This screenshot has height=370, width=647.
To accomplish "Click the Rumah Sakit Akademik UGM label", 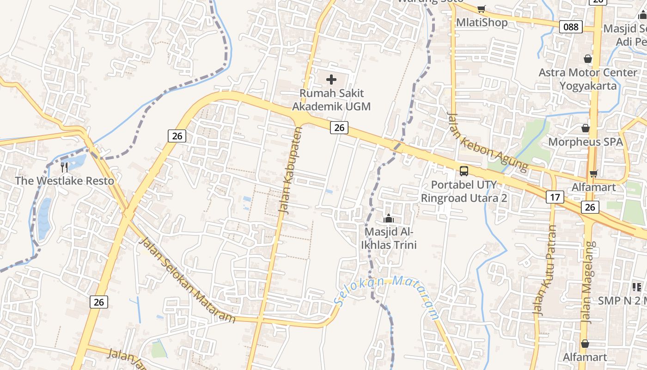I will coord(331,100).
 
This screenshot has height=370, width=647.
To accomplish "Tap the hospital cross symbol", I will coord(331,80).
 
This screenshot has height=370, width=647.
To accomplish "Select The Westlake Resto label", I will coord(64,180).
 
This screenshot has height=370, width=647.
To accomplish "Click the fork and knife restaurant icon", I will coord(64,167).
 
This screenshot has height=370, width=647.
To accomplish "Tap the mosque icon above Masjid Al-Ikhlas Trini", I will coord(389,218).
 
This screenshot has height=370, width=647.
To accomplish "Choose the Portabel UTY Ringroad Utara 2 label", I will coord(464,191).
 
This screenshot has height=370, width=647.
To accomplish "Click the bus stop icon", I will coord(464,171).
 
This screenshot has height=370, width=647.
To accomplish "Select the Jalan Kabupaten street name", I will coord(290,170).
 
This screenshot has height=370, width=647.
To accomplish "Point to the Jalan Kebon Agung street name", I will coord(488,141).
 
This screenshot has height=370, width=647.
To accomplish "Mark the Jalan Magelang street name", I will coord(587,282).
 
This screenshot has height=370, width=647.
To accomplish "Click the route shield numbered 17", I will coord(555,197).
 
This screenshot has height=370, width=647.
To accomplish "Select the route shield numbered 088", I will coord(571,27).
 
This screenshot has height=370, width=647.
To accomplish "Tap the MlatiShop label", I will coord(482,22).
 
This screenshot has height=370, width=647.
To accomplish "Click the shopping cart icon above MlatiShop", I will coord(481,9).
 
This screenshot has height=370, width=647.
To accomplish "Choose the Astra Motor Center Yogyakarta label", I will coord(588,79).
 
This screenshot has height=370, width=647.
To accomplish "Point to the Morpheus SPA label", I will coord(586,142).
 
